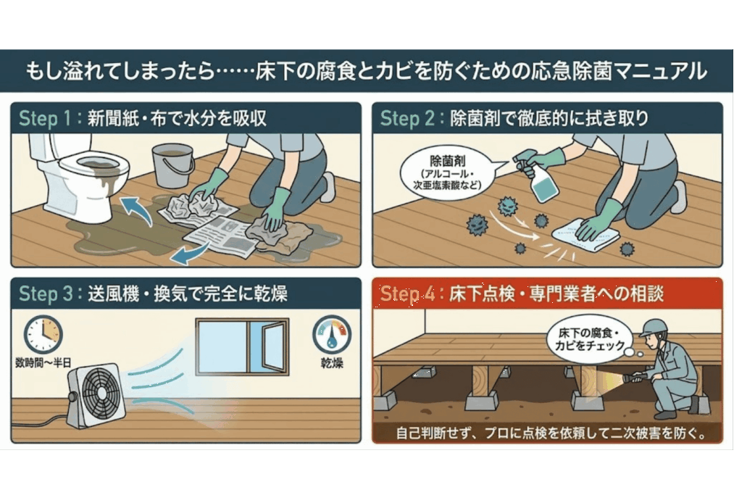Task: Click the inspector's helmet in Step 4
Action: pos(654,327)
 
